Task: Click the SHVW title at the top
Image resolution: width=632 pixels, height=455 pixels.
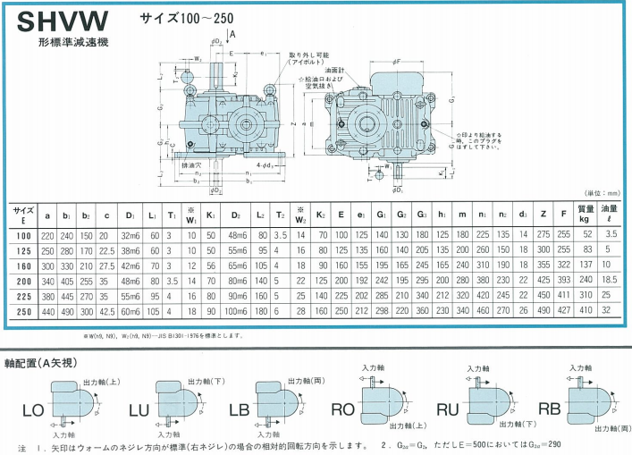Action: [x=62, y=20]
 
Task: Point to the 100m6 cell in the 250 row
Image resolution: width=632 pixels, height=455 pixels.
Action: [x=238, y=310]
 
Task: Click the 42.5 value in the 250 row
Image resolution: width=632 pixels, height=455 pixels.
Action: [x=108, y=310]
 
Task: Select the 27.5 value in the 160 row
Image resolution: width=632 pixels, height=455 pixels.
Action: [x=108, y=266]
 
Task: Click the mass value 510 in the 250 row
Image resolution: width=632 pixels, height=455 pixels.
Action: [x=586, y=310]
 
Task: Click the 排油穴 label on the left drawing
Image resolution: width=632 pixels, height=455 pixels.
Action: [x=190, y=166]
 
